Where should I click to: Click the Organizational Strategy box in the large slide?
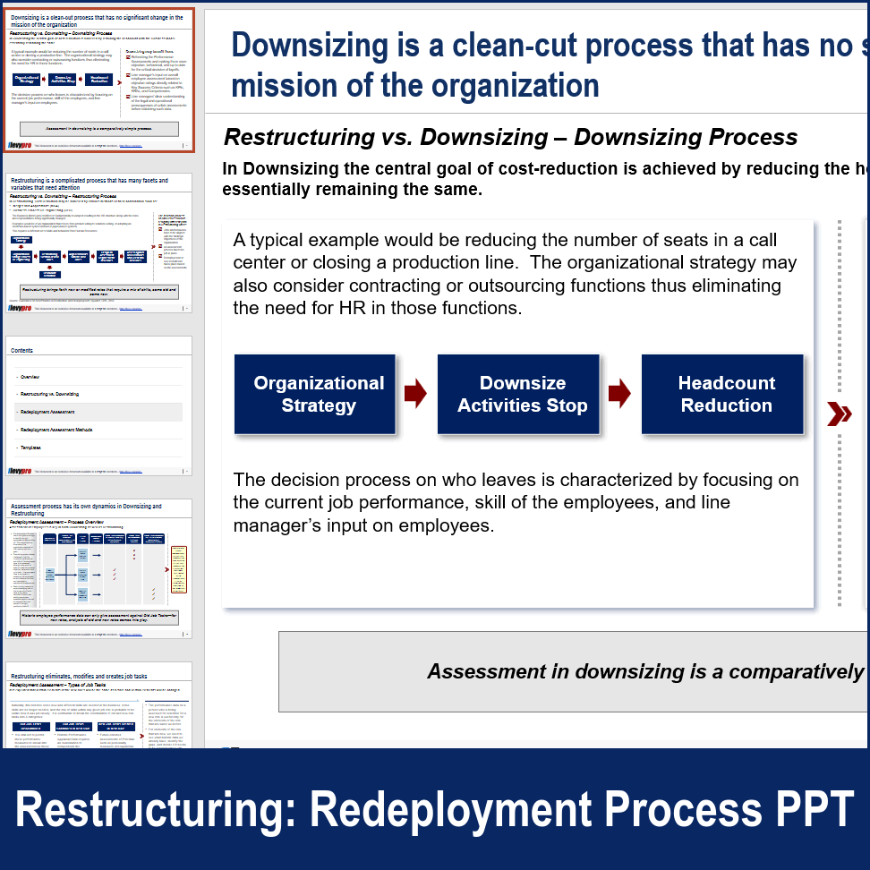coord(319,394)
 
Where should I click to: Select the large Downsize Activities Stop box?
coord(522,394)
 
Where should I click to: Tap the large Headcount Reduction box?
coord(726,394)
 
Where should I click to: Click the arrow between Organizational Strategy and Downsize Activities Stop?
coord(415,394)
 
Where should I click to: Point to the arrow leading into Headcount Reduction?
coord(620,394)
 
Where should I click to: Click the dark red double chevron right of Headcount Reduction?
coord(839,414)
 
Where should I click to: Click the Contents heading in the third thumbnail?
coord(22,351)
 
